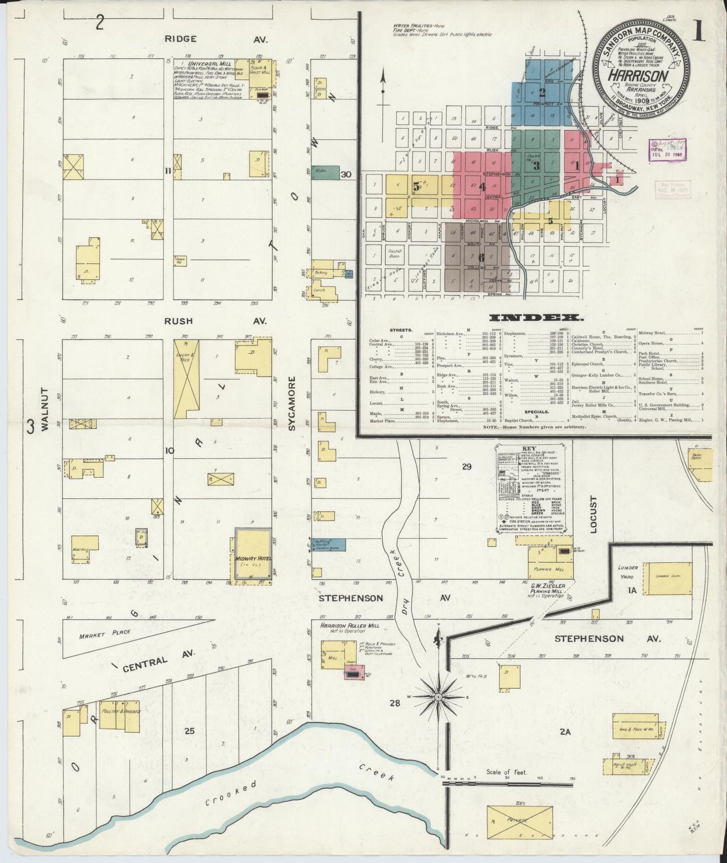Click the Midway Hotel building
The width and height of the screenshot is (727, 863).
click(x=254, y=552)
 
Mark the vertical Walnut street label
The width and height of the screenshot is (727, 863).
click(x=44, y=409)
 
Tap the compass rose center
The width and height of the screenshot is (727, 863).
click(x=439, y=696)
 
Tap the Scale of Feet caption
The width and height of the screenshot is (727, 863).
click(x=506, y=771)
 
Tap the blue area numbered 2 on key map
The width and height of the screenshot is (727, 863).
click(x=541, y=92)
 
